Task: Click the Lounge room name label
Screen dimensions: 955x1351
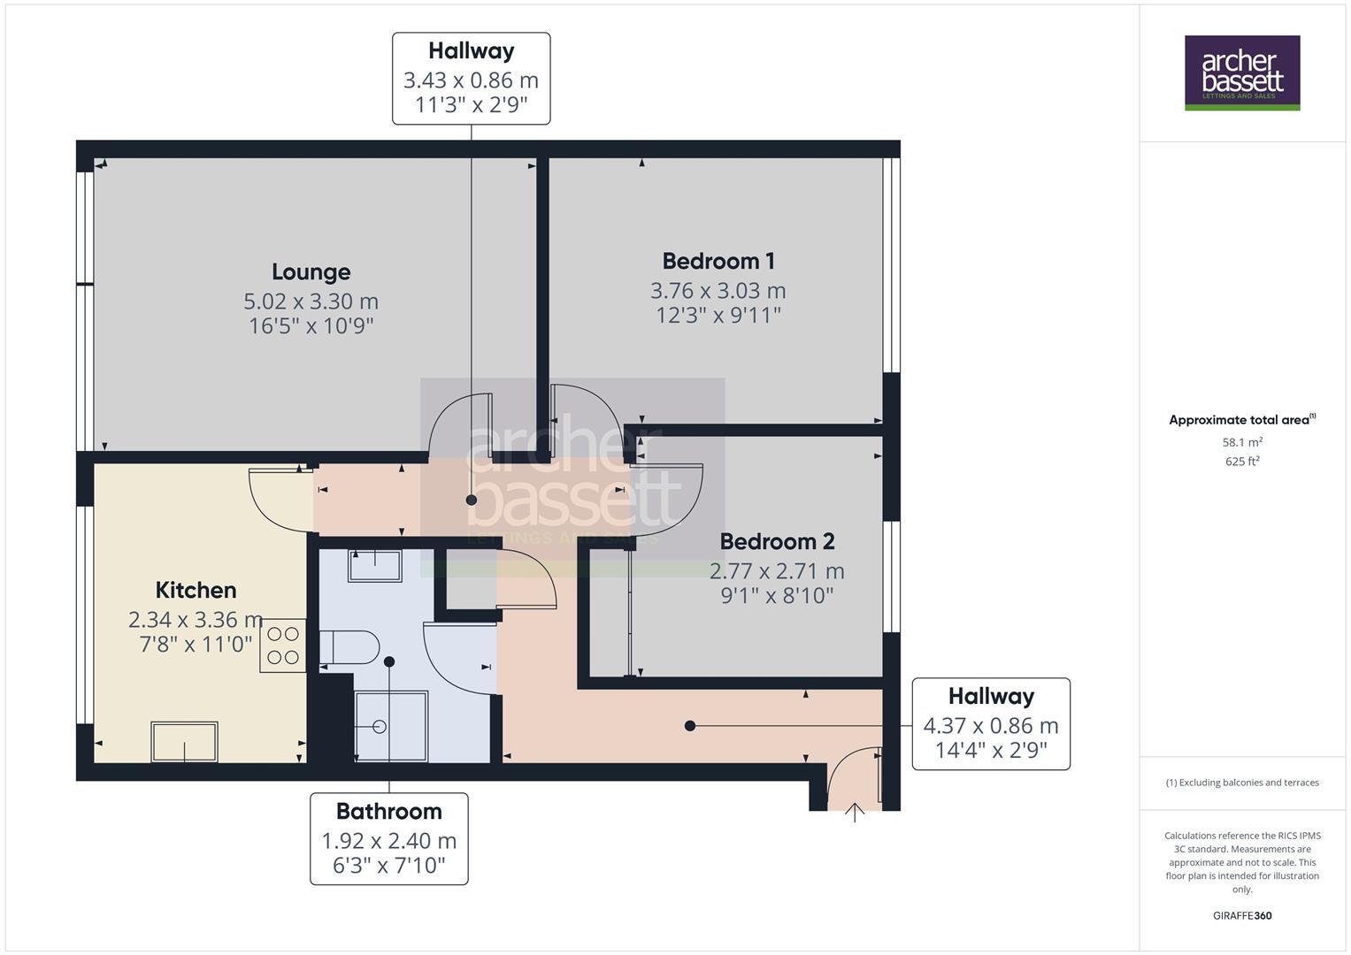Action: click(311, 272)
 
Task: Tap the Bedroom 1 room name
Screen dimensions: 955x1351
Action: click(718, 261)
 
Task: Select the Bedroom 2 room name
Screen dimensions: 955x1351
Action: click(776, 541)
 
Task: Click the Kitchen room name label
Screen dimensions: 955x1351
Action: click(196, 590)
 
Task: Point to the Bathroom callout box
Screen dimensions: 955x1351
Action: click(388, 837)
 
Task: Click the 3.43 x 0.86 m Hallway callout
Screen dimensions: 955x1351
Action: click(471, 79)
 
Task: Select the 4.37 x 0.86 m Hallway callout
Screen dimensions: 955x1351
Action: click(990, 723)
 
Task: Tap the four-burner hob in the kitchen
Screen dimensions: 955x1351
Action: click(282, 646)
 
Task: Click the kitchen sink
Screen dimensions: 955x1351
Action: click(184, 741)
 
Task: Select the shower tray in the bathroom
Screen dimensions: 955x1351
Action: click(390, 726)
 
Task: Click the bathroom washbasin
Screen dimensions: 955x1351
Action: click(375, 565)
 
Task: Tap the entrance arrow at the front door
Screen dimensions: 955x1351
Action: click(855, 812)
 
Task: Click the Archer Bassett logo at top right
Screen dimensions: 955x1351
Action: click(1241, 73)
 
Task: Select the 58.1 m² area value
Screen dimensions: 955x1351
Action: click(1241, 442)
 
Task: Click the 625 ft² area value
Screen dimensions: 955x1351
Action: click(1241, 462)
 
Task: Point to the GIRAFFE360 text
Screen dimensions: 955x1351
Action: click(1241, 915)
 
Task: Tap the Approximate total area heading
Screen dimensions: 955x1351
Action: click(1241, 420)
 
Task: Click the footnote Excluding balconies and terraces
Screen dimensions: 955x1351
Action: click(1241, 783)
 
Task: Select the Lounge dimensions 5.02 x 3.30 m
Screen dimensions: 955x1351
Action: click(311, 302)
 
